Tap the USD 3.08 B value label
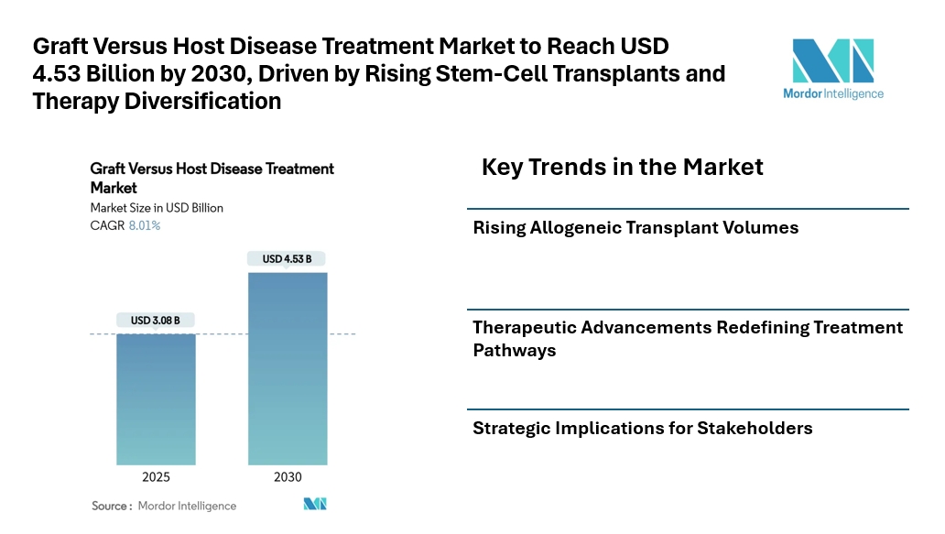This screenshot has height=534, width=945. point(155,321)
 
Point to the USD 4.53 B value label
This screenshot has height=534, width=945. point(287,259)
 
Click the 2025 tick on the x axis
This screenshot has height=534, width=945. point(155,477)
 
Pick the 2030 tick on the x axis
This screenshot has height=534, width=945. point(287,477)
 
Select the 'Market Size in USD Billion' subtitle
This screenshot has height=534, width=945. point(157,208)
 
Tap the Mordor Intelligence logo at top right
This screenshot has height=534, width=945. point(833,61)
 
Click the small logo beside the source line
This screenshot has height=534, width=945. point(315,505)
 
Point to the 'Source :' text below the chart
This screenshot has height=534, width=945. point(112,506)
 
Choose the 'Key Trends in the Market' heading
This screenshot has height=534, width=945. point(622,167)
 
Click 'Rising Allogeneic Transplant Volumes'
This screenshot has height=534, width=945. point(635,228)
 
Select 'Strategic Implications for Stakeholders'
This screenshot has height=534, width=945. point(642,428)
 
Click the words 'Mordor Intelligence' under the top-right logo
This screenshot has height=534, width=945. point(833,93)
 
